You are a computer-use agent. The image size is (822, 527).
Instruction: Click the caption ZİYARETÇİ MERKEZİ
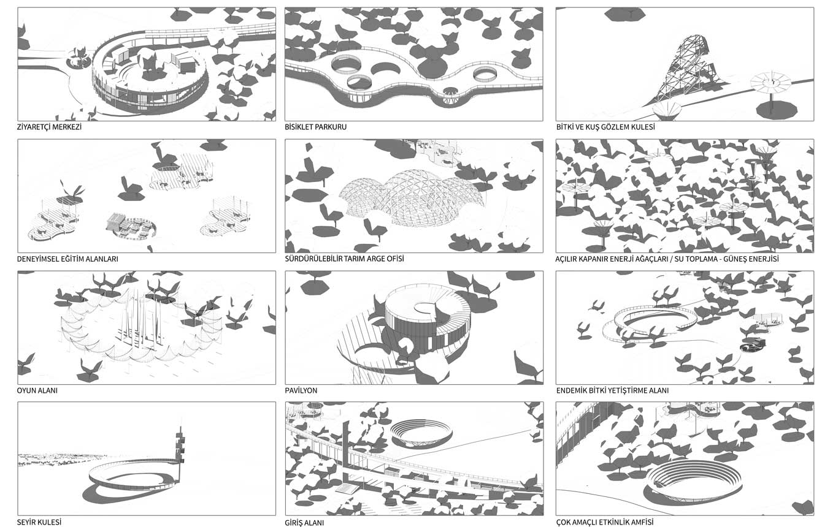[x=49, y=127]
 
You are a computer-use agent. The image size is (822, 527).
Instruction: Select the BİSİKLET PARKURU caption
[x=315, y=127]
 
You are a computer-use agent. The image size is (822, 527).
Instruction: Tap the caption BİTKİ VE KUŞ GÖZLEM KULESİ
[x=605, y=127]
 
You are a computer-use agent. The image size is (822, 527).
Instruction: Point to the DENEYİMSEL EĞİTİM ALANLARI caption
[x=67, y=259]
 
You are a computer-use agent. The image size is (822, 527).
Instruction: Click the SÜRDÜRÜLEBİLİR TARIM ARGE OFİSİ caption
[x=344, y=259]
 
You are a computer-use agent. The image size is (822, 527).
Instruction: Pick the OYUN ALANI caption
[x=37, y=390]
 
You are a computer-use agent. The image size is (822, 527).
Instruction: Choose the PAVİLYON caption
[x=301, y=390]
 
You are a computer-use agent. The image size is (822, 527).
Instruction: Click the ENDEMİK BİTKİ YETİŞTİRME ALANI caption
[x=612, y=390]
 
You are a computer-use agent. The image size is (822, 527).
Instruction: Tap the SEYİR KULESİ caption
[x=39, y=522]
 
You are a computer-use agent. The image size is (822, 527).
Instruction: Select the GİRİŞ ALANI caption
[x=304, y=523]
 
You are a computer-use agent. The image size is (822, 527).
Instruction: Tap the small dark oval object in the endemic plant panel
[x=753, y=345]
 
